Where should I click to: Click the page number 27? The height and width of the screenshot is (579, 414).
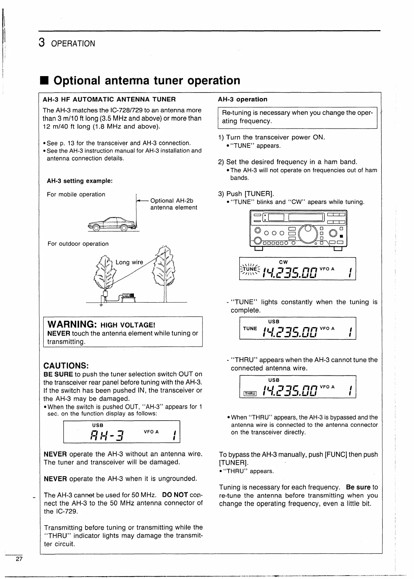point(19,559)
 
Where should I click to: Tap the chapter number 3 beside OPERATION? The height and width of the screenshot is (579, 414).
point(42,43)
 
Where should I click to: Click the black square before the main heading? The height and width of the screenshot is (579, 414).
point(46,81)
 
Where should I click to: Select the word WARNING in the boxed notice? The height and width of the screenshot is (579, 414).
point(71,324)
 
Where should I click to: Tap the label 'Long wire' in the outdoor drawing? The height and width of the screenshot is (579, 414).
point(129,262)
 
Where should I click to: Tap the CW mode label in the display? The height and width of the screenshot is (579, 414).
point(284,262)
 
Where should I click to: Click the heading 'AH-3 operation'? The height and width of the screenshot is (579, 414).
point(242,99)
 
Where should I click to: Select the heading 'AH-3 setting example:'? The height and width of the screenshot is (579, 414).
point(80,181)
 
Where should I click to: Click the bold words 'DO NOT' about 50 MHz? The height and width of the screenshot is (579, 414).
point(175,495)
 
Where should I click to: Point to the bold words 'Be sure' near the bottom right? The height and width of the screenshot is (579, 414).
point(358,487)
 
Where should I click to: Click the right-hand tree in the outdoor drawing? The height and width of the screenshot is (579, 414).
point(165,267)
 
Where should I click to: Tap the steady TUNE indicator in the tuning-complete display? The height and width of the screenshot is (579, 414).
point(250,328)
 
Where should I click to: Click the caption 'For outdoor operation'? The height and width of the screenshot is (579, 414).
point(78,244)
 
